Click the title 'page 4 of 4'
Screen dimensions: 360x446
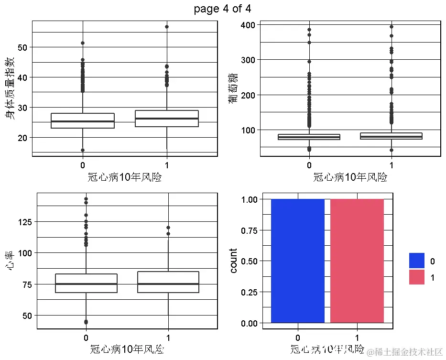222,9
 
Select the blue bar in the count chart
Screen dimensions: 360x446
297,261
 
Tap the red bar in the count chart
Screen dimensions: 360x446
357,261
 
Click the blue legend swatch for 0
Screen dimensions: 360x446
416,261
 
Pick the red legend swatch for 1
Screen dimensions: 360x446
416,277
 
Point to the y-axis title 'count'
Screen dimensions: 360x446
233,261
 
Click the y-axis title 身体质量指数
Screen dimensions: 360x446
10,88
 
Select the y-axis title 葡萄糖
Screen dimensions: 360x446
234,88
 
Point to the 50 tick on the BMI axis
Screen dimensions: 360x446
22,47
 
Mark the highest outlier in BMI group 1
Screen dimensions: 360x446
167,27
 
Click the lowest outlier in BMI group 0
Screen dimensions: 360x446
83,150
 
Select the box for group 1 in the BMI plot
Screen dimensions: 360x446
167,119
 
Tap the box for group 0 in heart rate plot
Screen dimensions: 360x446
86,283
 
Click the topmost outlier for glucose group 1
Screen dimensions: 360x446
392,27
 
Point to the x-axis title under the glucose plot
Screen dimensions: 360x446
350,177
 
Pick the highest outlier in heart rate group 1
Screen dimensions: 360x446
168,228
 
